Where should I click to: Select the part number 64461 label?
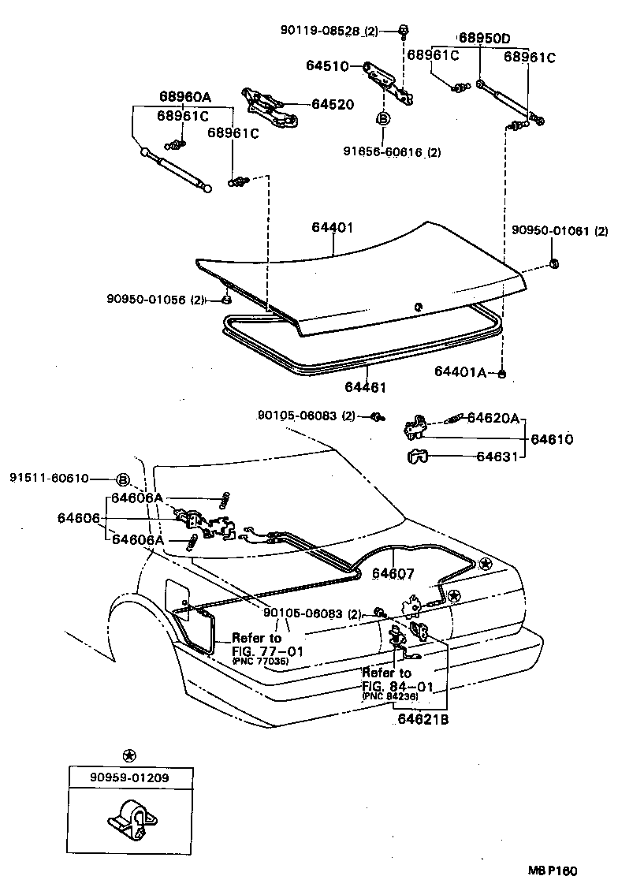367,387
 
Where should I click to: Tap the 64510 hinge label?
327,66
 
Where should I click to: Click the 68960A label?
185,97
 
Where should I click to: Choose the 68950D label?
485,38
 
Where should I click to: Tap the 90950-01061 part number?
550,231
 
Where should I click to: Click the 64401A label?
463,371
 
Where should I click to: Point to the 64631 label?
497,456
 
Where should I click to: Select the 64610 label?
552,438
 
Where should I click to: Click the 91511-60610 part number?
49,479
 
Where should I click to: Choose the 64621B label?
423,718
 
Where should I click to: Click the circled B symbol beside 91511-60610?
123,479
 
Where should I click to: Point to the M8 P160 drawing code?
553,871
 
